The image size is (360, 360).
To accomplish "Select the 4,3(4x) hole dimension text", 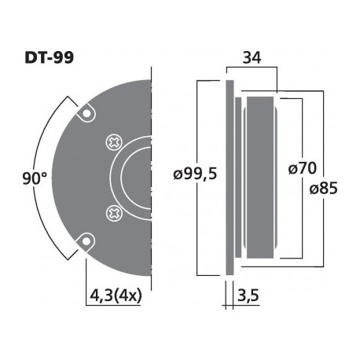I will pyautogui.click(x=116, y=297).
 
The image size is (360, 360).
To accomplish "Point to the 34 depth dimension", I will pyautogui.click(x=252, y=58).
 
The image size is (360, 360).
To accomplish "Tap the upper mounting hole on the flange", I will pyautogui.click(x=84, y=114).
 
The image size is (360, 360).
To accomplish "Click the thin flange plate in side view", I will pyautogui.click(x=230, y=177).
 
